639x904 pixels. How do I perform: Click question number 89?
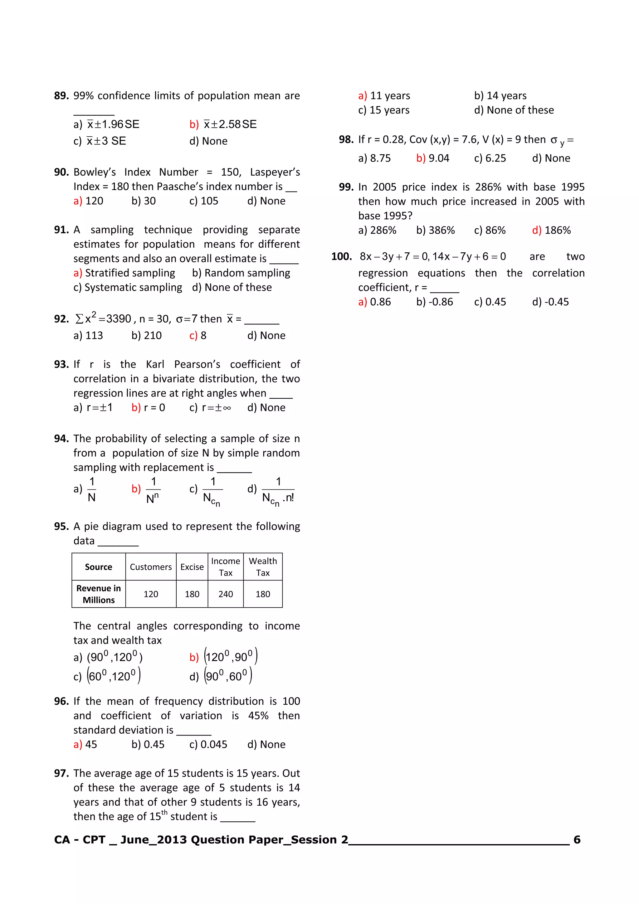tap(61, 96)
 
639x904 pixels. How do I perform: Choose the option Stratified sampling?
tap(129, 273)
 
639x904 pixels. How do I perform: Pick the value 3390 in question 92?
tap(119, 318)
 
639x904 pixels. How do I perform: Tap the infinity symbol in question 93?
tap(227, 408)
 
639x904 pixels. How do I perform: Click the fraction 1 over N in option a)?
tap(91, 489)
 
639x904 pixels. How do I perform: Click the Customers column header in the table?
tap(151, 567)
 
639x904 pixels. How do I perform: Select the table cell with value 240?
tap(226, 594)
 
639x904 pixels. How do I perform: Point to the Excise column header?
tap(192, 567)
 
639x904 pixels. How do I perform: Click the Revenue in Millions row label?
tap(98, 594)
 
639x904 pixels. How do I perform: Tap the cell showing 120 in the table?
tap(151, 594)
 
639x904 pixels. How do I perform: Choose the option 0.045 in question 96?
tap(213, 745)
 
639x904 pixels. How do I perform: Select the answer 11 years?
tap(390, 96)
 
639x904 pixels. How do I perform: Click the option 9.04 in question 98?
tap(439, 158)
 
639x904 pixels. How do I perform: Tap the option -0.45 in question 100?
tap(556, 302)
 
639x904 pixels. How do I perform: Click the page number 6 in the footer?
tap(577, 840)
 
